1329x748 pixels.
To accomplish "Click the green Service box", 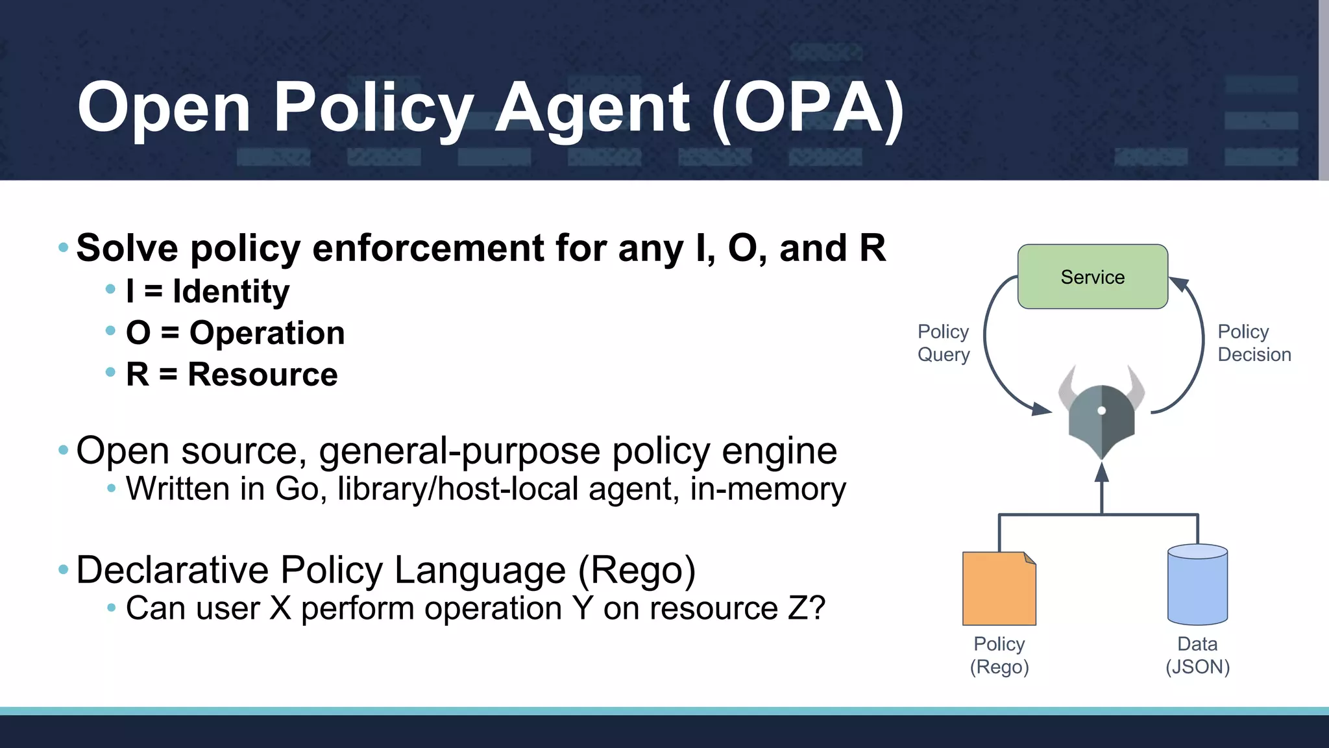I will tap(1092, 277).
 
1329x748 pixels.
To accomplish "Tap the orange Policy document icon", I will tap(999, 589).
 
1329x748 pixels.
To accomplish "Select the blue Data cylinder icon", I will tap(1197, 584).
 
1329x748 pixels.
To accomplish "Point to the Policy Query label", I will tap(943, 343).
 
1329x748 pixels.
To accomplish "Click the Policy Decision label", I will tap(1254, 343).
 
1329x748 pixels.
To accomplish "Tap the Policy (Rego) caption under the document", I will tap(999, 655).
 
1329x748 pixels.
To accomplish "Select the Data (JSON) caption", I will tap(1197, 655).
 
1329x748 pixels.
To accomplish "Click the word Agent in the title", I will tap(592, 107).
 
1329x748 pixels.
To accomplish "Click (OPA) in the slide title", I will tap(808, 107).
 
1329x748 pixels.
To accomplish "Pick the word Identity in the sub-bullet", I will tap(231, 291).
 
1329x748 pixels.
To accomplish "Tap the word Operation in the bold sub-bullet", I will tap(267, 332).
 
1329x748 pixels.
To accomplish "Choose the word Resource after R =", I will tap(263, 374).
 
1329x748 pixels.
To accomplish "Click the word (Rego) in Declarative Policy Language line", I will tap(636, 570).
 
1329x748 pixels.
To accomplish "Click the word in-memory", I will tap(768, 489).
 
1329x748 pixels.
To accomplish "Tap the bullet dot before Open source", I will tap(63, 449).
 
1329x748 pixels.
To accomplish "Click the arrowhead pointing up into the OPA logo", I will tap(1101, 472).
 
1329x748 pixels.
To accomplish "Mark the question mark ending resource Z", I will tap(816, 608).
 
